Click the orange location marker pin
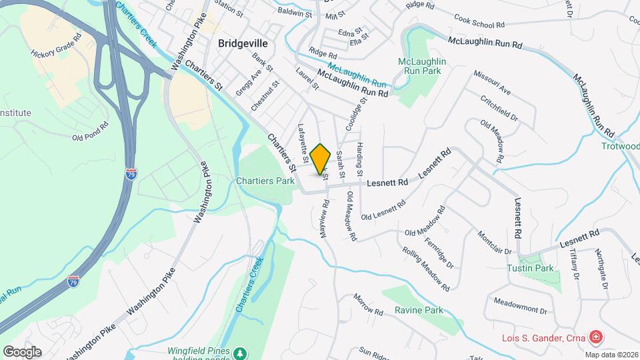[x=321, y=158]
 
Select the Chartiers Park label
[x=265, y=181]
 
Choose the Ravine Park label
[x=419, y=310]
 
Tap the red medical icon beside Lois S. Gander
[x=594, y=337]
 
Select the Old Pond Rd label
[x=90, y=132]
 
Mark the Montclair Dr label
[x=494, y=243]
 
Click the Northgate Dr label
[x=601, y=269]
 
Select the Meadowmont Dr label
[x=519, y=311]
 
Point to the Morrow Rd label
[x=368, y=305]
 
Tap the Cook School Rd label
[x=478, y=21]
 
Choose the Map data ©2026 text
[x=611, y=355]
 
